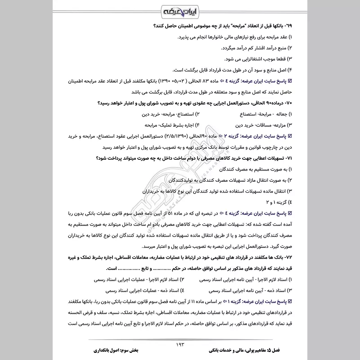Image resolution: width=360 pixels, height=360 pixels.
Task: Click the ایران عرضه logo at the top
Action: [x=180, y=10]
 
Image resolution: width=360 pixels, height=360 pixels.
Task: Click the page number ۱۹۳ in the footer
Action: [x=180, y=345]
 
